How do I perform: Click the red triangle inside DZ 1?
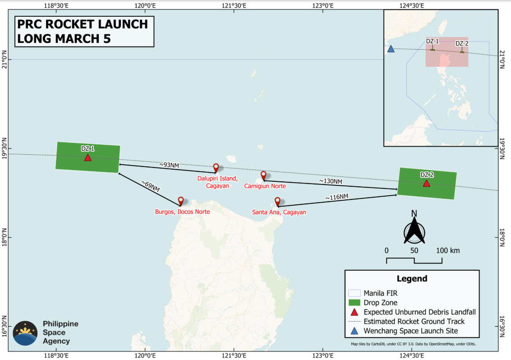coord(87,157)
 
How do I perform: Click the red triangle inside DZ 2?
coord(426,183)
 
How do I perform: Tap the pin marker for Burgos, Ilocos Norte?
coord(181,201)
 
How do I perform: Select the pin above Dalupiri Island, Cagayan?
coord(216,167)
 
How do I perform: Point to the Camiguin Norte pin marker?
coord(264,175)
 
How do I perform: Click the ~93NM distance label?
coord(169,165)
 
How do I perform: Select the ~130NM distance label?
coord(331,181)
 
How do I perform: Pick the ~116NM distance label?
coord(337,197)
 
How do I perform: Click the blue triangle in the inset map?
coord(391,49)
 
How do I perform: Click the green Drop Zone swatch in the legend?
coord(354,302)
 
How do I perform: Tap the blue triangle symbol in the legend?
coord(354,331)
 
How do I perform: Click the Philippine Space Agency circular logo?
coord(25,333)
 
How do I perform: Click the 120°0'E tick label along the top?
coord(144,5)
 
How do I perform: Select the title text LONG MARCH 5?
coord(63,38)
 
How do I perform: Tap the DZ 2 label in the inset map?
coord(462,43)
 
